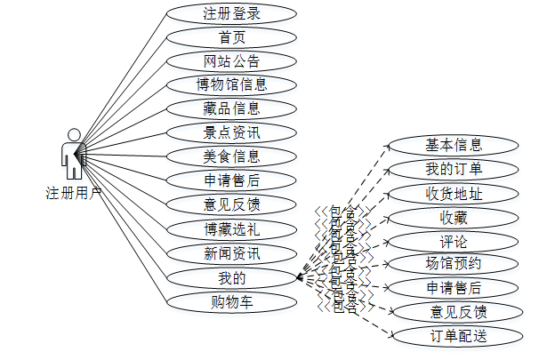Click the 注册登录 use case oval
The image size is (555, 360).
231,13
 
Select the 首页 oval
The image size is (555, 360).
231,37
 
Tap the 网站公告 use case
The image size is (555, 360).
231,61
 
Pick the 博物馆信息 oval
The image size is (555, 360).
231,85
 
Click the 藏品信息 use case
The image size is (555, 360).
231,109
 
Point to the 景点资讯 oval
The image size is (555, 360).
231,133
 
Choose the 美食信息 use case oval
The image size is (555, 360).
231,157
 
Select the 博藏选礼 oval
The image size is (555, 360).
231,229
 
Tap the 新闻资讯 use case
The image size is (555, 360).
231,253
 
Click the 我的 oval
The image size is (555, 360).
231,277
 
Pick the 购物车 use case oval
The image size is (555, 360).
231,301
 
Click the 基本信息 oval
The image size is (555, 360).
454,146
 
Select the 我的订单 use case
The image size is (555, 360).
454,170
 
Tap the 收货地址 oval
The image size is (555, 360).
454,194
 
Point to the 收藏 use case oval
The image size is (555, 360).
454,218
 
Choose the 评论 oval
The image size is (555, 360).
454,242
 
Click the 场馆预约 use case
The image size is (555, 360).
454,264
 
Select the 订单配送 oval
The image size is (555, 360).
454,336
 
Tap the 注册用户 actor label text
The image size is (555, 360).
73,192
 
